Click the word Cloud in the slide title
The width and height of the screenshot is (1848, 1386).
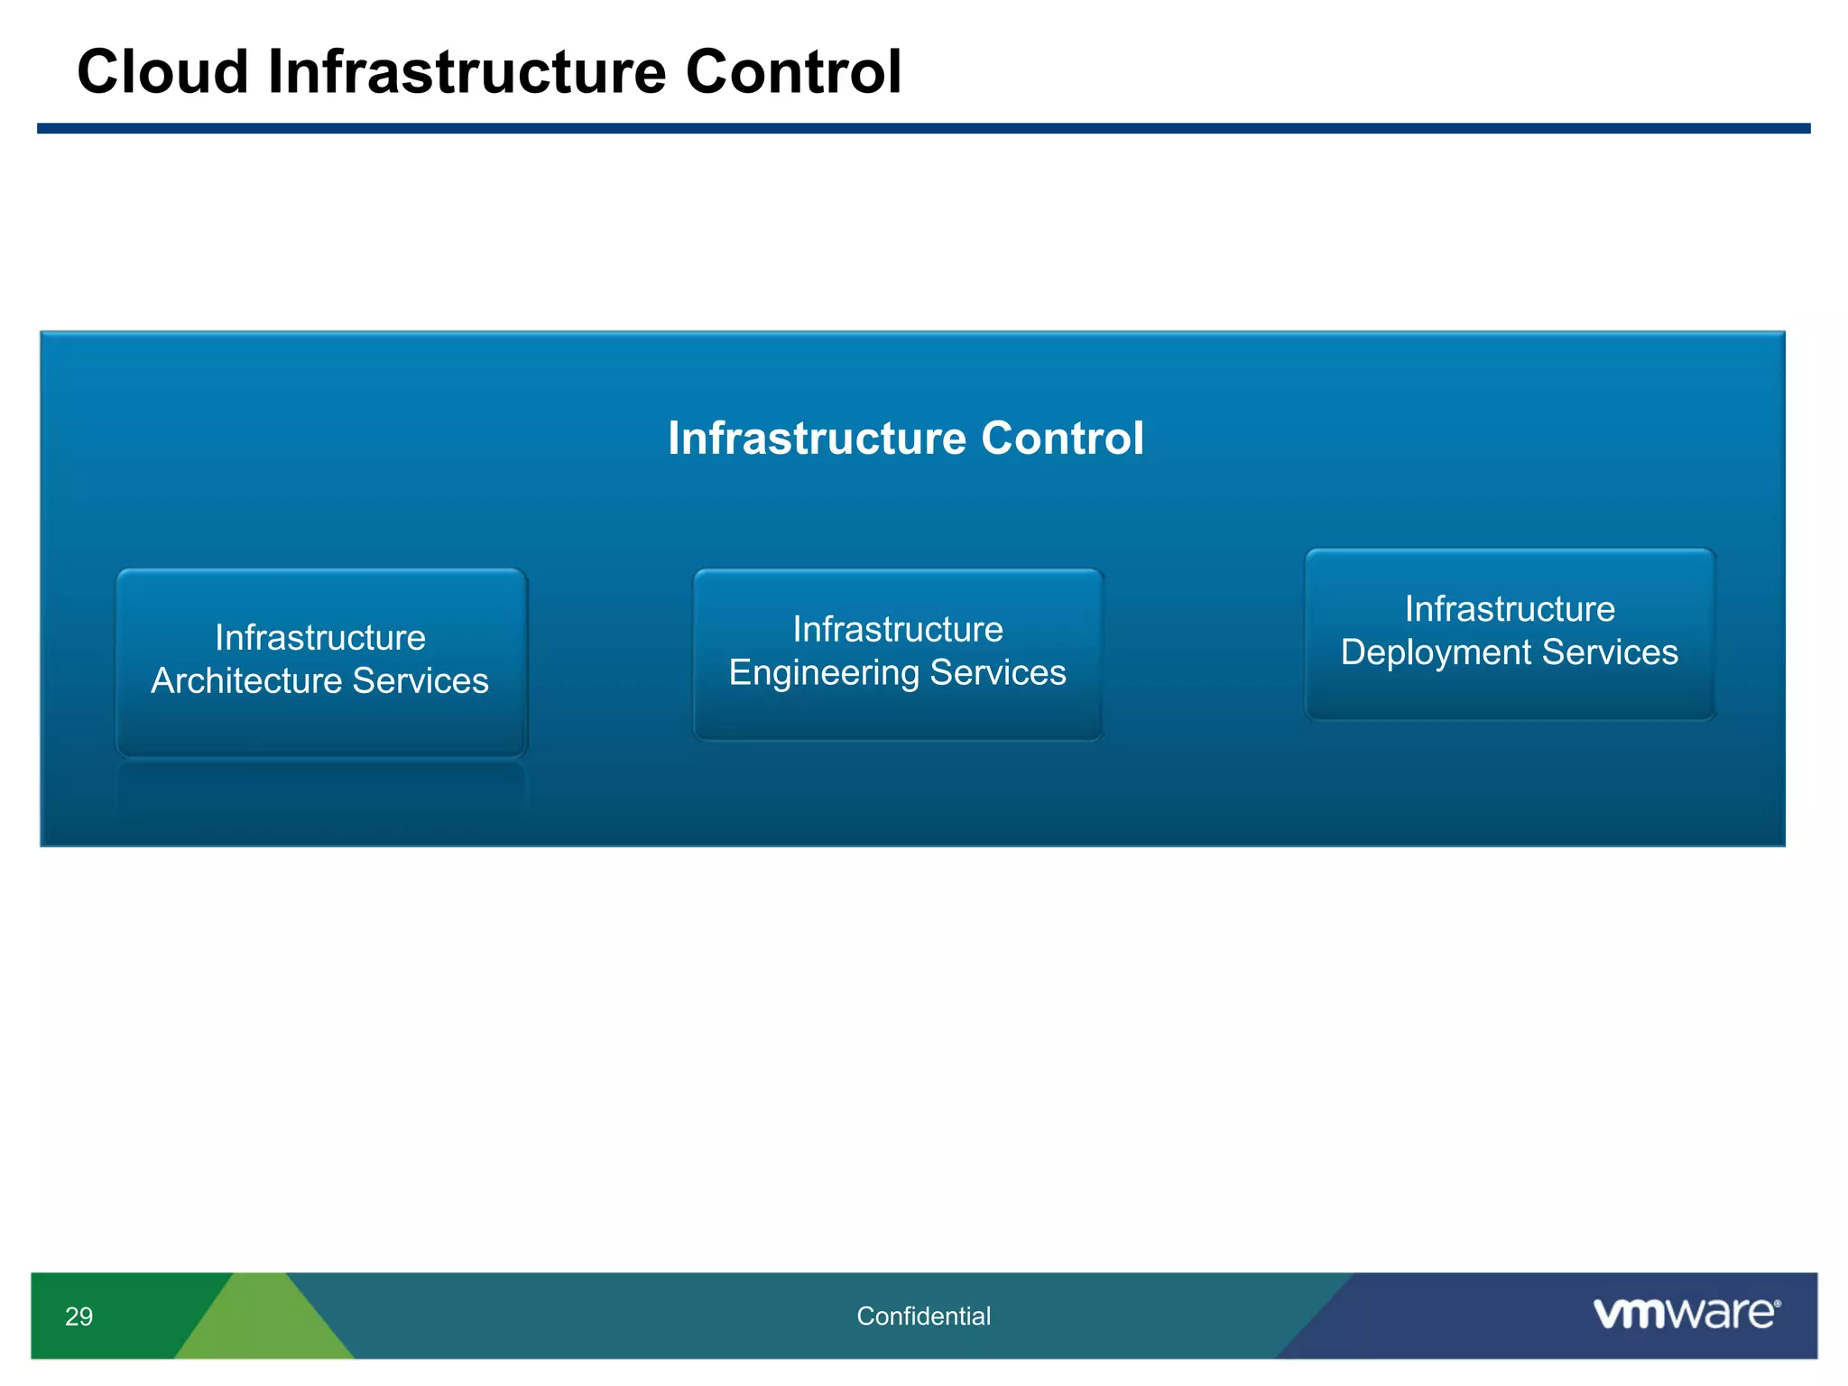pos(162,72)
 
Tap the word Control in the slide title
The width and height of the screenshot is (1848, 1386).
pos(793,72)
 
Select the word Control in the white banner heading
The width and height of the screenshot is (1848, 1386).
pos(1062,439)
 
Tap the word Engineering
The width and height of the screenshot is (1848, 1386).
pos(823,673)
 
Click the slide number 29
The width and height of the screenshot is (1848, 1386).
pos(79,1317)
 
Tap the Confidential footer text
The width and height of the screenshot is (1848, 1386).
pos(923,1317)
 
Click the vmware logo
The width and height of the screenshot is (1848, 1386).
pos(1684,1314)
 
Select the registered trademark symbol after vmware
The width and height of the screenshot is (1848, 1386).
pos(1778,1304)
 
